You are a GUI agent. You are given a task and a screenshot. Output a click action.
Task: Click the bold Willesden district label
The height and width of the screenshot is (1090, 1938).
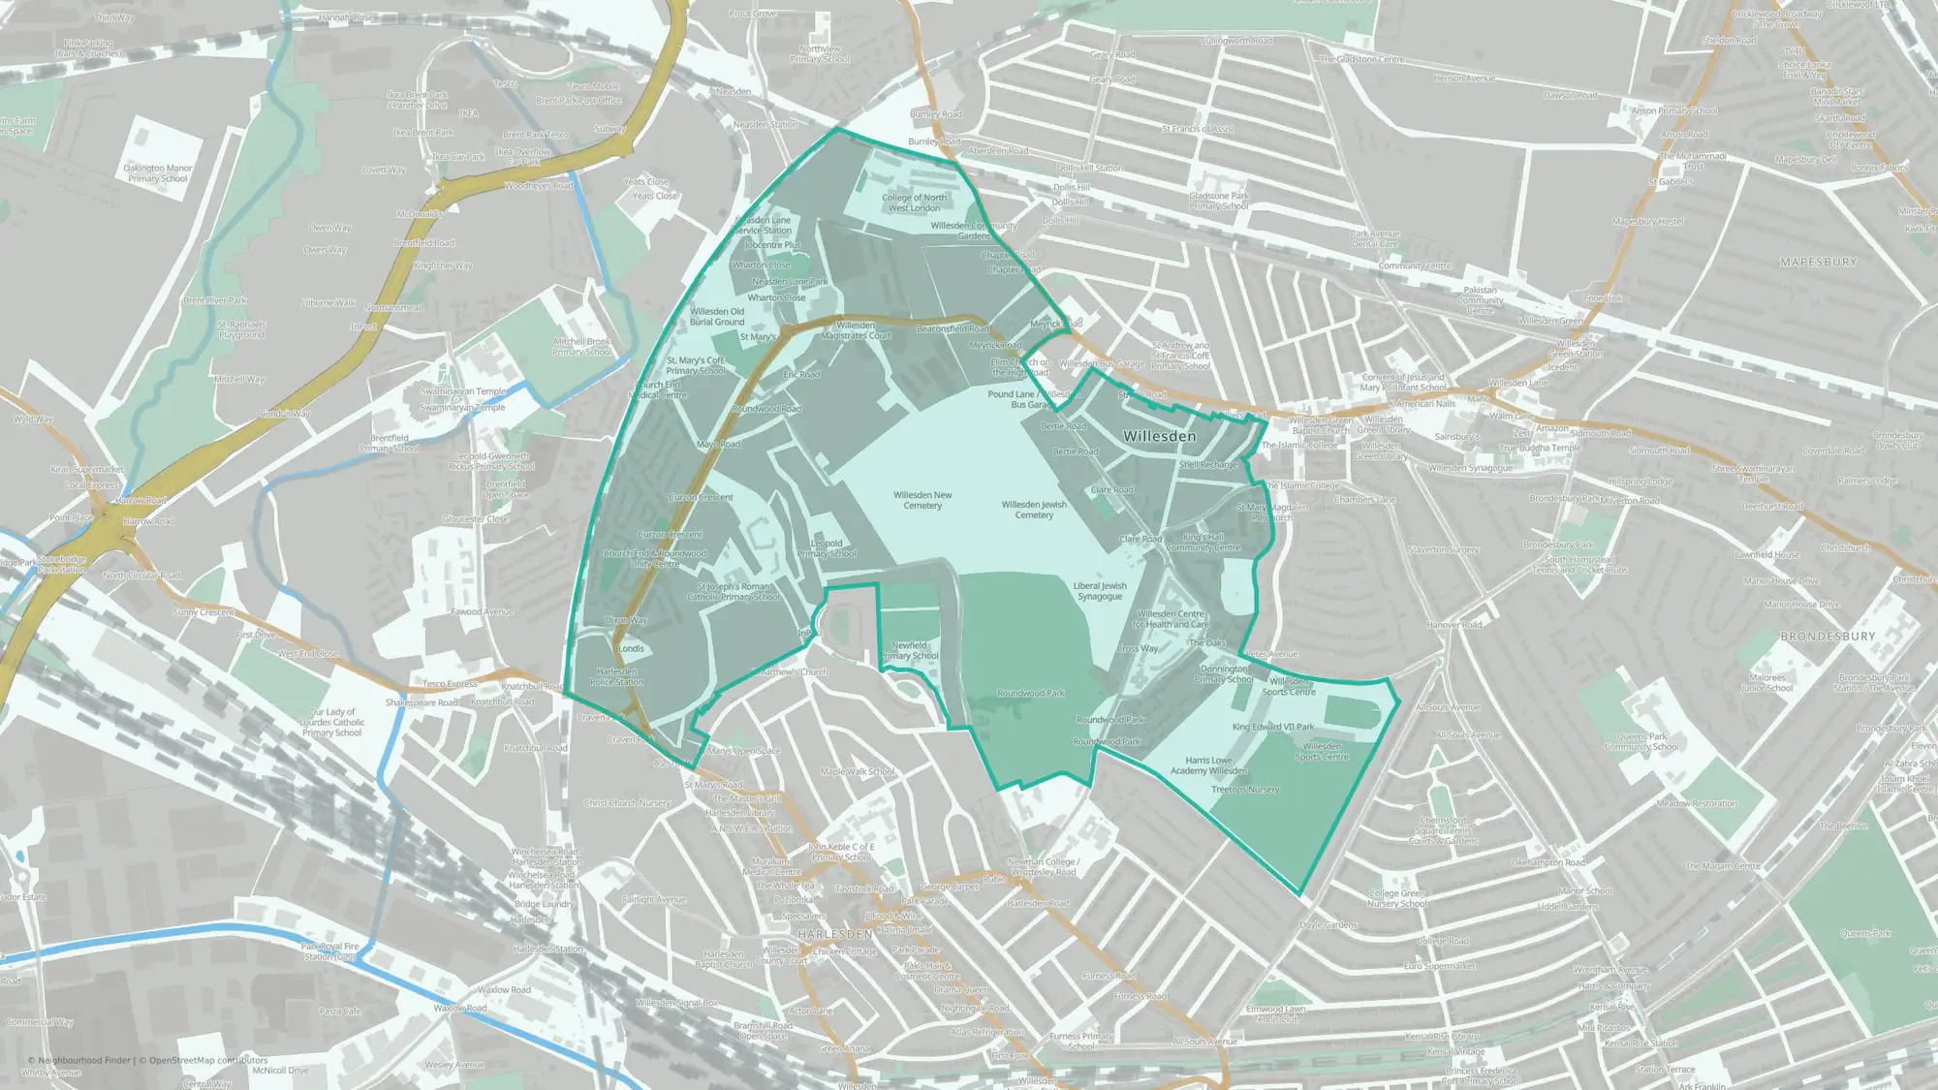(x=1159, y=437)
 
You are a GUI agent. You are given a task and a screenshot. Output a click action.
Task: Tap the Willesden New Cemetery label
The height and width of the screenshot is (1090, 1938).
(x=922, y=500)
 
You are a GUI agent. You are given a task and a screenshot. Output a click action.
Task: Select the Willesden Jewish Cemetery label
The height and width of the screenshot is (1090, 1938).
(x=1034, y=510)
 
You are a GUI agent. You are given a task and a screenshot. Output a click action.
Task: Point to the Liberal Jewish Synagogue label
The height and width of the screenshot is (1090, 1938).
(x=1100, y=591)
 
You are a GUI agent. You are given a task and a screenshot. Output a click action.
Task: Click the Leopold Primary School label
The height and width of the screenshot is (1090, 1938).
(x=827, y=548)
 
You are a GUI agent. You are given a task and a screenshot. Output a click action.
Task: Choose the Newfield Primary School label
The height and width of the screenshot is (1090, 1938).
(x=910, y=650)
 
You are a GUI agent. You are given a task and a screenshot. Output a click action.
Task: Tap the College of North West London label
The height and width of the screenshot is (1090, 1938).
(x=914, y=202)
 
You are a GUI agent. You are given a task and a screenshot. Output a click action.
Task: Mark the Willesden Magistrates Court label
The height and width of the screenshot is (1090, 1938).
(x=856, y=330)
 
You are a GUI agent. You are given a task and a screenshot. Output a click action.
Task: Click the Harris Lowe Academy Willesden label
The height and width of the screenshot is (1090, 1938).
(x=1208, y=765)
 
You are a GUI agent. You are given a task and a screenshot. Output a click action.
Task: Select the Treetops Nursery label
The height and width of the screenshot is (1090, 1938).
(x=1245, y=790)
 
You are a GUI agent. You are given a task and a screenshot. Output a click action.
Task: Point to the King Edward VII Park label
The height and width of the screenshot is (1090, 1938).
(x=1273, y=727)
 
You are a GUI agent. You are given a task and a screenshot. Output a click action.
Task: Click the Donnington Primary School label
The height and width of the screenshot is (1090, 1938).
(x=1224, y=674)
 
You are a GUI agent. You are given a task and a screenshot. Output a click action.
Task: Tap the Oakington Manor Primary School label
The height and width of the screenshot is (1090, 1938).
(x=158, y=173)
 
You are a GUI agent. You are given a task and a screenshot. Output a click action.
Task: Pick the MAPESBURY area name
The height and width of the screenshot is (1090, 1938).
(x=1819, y=263)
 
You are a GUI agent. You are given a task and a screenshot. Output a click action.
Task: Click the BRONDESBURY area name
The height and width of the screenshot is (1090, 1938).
(x=1828, y=637)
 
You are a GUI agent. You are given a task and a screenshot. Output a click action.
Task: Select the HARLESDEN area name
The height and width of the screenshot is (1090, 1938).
(x=835, y=934)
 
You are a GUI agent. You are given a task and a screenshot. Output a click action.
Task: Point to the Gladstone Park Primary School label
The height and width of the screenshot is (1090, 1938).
(x=1219, y=201)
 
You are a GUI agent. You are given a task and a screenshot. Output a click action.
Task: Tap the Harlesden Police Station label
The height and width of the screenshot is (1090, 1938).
(x=616, y=676)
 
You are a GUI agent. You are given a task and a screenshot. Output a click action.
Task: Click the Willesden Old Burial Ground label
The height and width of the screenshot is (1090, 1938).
(x=717, y=317)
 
